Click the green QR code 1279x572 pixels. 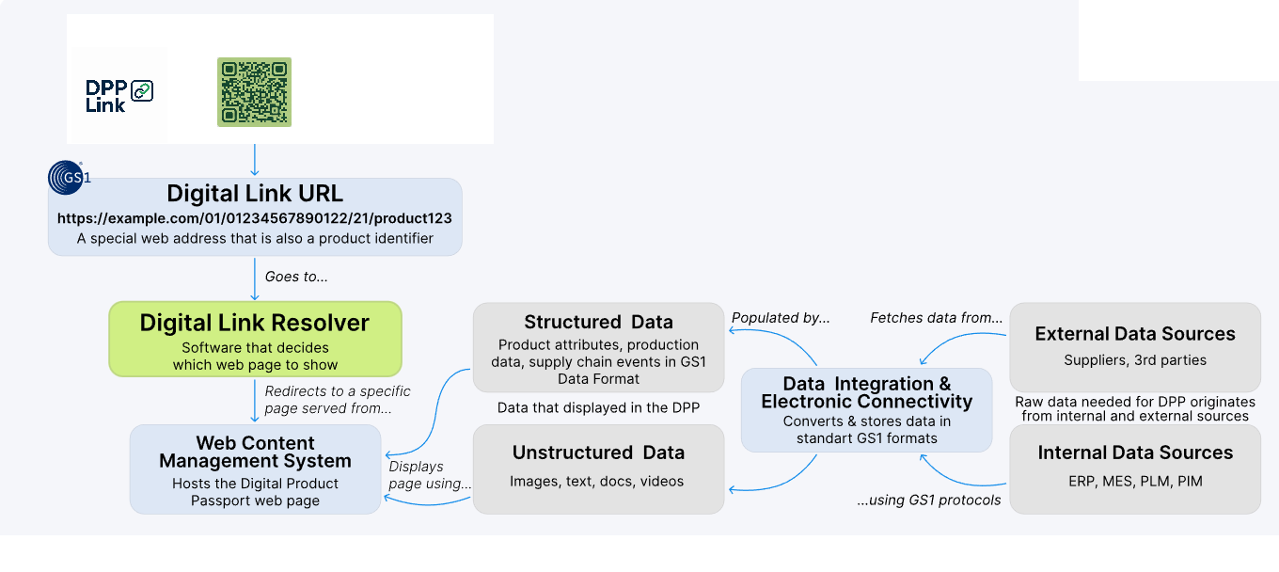tap(255, 92)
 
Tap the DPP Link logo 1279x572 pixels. tap(119, 95)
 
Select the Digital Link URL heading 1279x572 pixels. tap(255, 194)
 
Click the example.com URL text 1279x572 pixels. tap(255, 218)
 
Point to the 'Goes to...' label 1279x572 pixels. tap(296, 278)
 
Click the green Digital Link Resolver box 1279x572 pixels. tap(255, 339)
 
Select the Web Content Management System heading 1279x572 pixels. tap(255, 452)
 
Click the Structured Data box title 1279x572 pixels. tap(598, 323)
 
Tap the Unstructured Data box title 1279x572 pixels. tap(598, 453)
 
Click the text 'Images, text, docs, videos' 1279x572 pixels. tap(596, 482)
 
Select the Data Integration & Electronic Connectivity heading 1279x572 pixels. tap(867, 392)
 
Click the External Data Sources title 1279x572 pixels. tap(1135, 334)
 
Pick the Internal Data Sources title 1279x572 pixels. tap(1135, 453)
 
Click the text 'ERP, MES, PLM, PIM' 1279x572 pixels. tap(1135, 482)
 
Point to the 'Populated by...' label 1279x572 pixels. tap(781, 318)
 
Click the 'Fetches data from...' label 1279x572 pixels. tap(936, 318)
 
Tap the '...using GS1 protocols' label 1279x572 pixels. tap(929, 500)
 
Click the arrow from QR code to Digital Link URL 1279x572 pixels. tap(255, 159)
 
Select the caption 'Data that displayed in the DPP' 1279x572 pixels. tap(598, 408)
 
